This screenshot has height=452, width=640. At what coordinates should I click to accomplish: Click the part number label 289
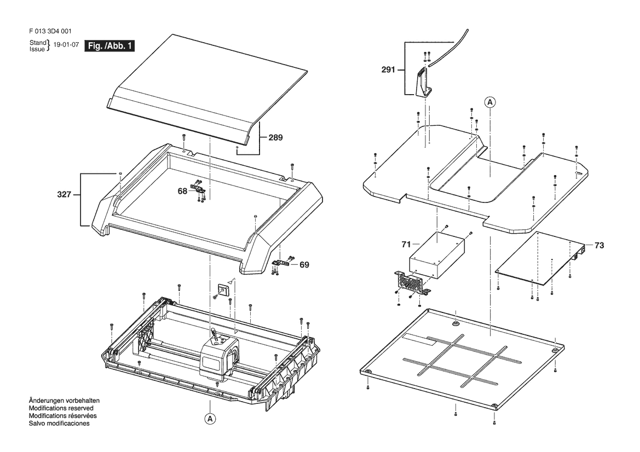tap(275, 138)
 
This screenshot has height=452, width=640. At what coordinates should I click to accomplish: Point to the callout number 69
tap(304, 264)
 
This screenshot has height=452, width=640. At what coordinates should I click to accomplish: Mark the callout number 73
tap(599, 246)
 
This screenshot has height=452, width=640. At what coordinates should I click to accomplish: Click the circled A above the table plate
tap(490, 102)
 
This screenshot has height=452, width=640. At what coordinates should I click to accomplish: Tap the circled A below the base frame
tap(210, 419)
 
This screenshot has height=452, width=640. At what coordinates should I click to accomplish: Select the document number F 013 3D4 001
tap(49, 32)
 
